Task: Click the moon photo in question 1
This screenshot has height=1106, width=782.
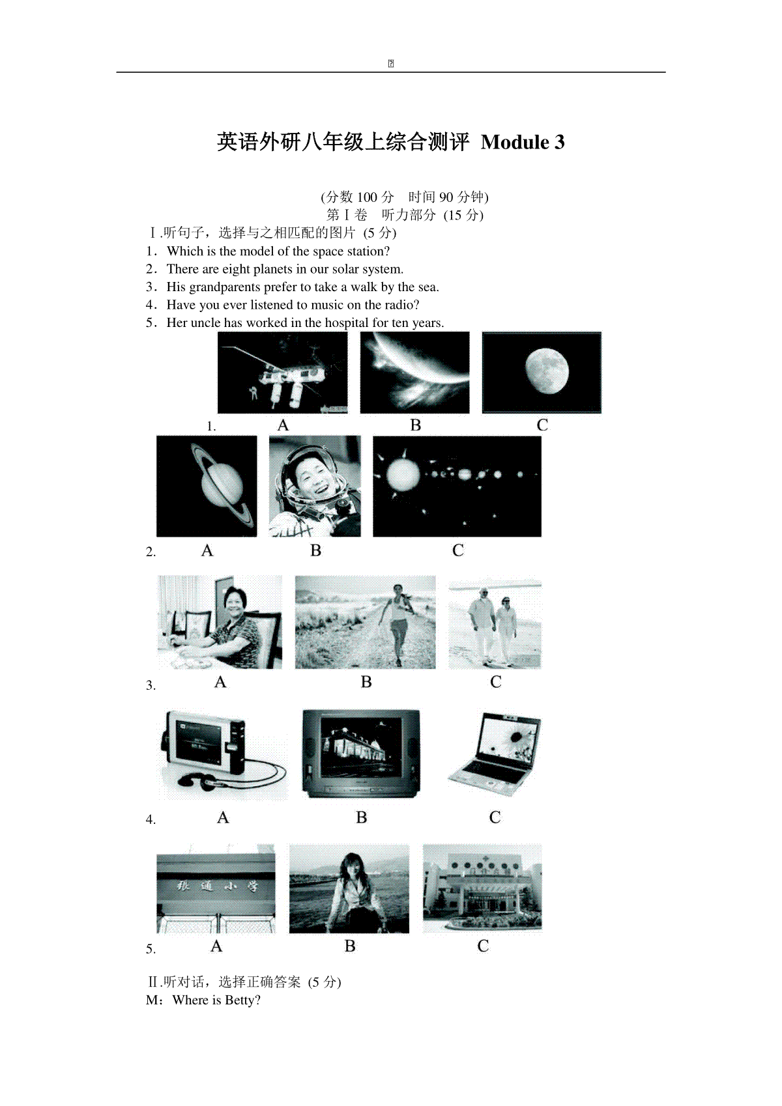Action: (x=542, y=373)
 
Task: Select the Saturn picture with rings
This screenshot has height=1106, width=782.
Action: (x=207, y=486)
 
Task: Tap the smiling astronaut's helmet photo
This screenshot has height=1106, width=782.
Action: (x=315, y=486)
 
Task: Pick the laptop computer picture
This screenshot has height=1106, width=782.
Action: (x=494, y=754)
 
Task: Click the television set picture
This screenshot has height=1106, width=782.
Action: (x=361, y=754)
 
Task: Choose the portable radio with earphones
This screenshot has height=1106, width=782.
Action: (x=224, y=755)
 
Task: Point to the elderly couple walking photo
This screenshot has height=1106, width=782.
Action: (x=495, y=622)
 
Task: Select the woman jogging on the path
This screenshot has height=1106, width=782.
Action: (x=365, y=622)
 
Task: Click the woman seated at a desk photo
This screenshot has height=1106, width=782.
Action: (x=220, y=622)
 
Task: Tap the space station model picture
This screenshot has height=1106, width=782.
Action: (x=283, y=373)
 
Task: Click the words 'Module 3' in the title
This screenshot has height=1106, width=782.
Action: (x=523, y=142)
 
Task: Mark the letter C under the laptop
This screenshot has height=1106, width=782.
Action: (x=495, y=817)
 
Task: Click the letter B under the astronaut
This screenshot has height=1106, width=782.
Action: (x=315, y=550)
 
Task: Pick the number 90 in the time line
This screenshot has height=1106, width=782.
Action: (x=446, y=197)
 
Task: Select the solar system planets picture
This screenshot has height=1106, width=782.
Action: (x=457, y=486)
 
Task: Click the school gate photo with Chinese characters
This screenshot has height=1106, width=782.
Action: (x=216, y=888)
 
